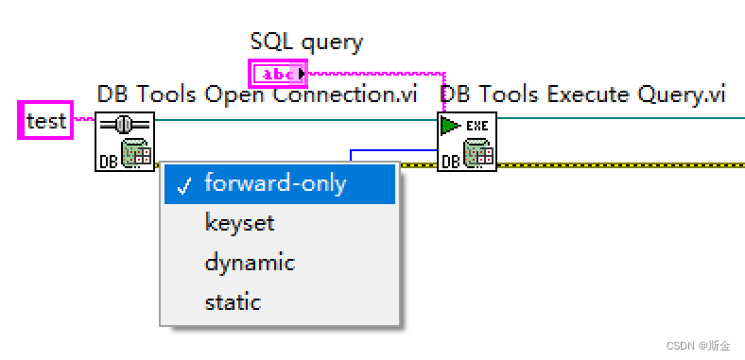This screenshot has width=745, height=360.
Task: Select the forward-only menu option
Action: tap(275, 183)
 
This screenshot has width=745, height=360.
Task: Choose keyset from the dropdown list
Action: tap(239, 223)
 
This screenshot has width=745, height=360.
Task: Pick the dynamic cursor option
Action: tap(250, 263)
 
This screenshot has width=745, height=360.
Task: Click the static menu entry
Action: tap(233, 302)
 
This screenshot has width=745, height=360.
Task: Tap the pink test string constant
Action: tap(46, 121)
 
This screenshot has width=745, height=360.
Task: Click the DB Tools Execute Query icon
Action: tap(467, 142)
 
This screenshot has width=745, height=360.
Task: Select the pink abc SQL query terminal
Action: tap(278, 73)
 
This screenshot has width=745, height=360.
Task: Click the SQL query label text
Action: tap(306, 42)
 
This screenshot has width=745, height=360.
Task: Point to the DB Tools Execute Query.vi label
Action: tap(582, 94)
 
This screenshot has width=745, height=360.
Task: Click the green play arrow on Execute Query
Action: tap(450, 126)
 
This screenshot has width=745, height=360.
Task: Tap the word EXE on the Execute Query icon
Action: tap(476, 126)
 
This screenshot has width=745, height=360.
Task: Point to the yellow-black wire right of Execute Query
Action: tap(615, 164)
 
